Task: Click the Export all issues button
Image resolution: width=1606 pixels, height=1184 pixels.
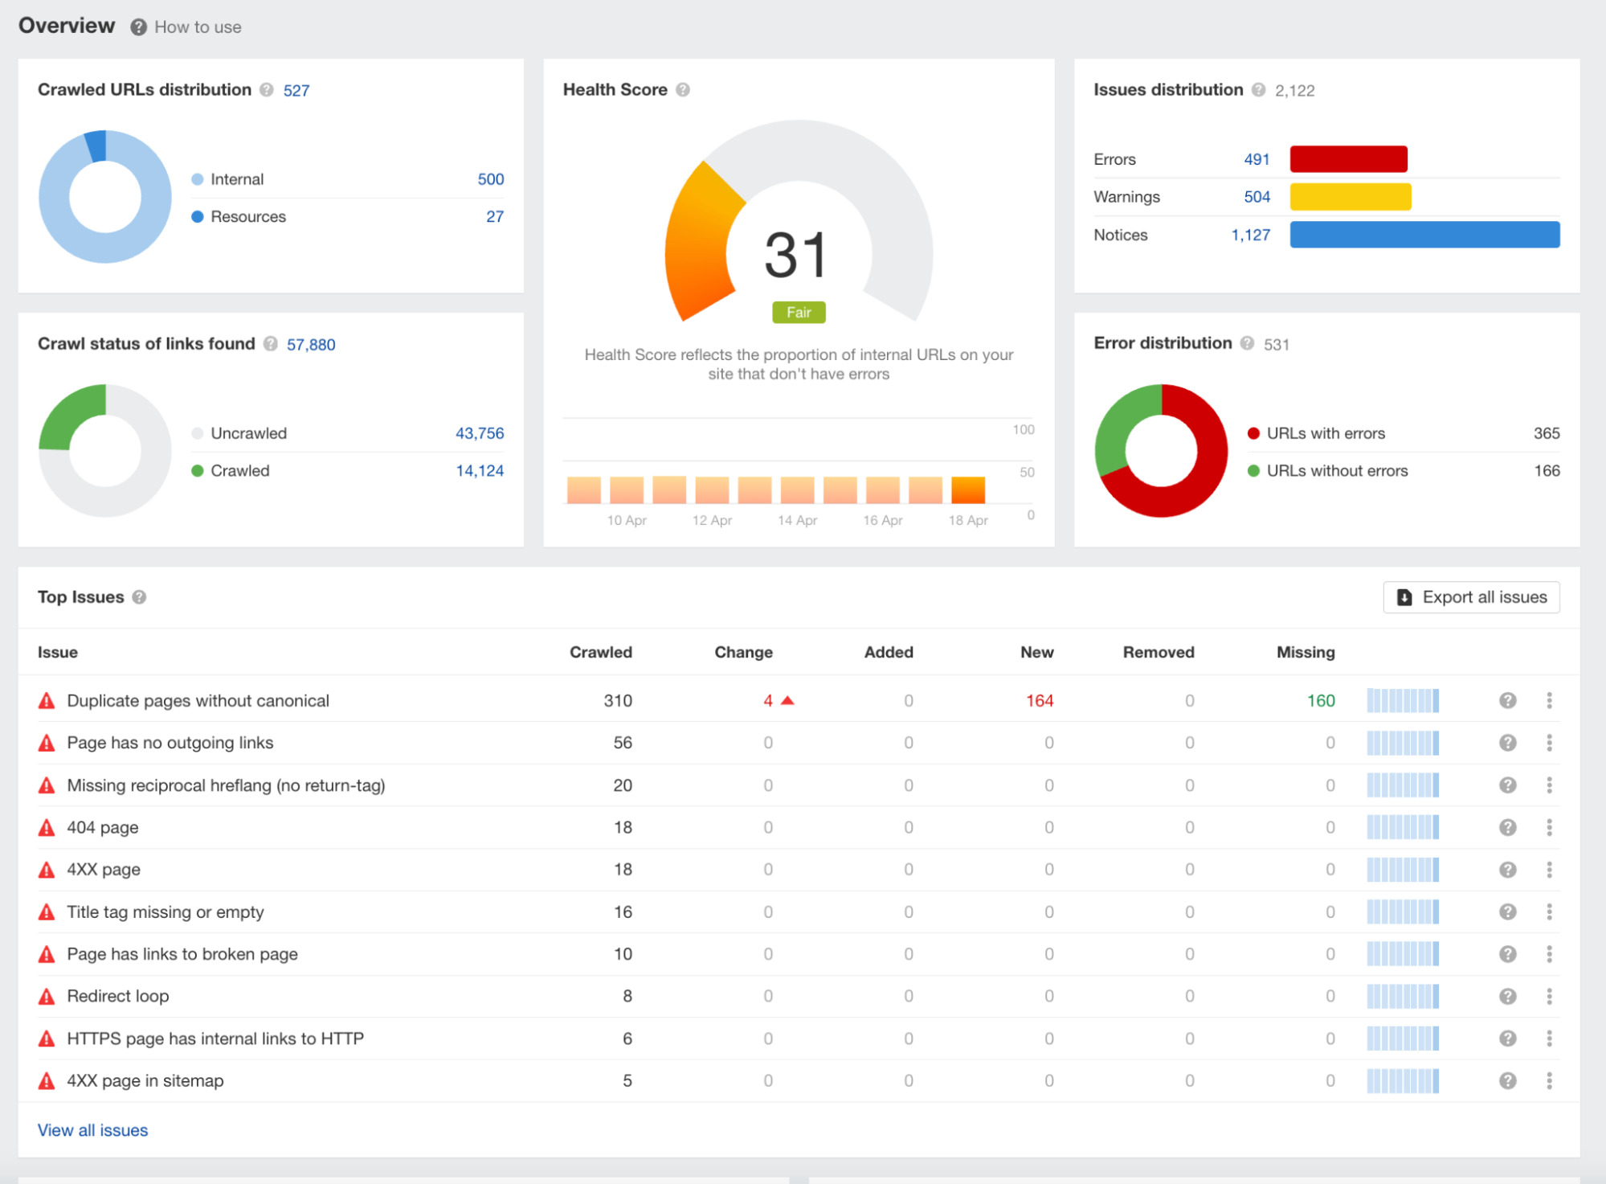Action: pos(1471,597)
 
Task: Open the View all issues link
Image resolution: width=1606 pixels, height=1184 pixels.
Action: pos(92,1130)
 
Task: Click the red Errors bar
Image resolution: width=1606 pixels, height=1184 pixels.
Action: pos(1348,159)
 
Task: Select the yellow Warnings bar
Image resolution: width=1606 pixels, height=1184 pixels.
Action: pos(1350,197)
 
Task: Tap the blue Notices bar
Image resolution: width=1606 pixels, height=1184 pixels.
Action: pos(1424,235)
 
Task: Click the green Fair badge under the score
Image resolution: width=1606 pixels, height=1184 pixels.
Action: pos(798,313)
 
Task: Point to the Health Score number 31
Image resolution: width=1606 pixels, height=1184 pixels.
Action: pos(795,256)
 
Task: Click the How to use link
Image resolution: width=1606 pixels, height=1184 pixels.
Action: pos(197,27)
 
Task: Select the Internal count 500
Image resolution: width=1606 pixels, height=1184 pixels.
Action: pos(490,179)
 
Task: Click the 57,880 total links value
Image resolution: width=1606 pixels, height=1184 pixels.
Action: pos(311,345)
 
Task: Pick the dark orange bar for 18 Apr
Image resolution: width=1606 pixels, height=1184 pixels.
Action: pos(967,490)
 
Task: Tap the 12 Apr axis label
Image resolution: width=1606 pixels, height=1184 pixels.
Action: pos(712,521)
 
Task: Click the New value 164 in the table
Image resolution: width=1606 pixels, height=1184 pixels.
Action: pos(1039,701)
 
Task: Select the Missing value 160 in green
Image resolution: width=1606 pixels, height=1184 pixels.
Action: pos(1320,701)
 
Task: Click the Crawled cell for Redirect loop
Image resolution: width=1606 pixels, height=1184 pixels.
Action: pos(627,997)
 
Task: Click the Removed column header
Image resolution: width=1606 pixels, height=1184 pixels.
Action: pos(1158,653)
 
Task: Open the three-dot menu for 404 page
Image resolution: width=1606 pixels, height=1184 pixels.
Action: pos(1549,827)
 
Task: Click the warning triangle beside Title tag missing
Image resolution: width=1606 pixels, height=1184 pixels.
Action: pos(47,912)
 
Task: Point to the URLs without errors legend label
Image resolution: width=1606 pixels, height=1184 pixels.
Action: pos(1337,471)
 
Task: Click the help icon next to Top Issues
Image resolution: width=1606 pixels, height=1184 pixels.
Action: pos(140,597)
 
